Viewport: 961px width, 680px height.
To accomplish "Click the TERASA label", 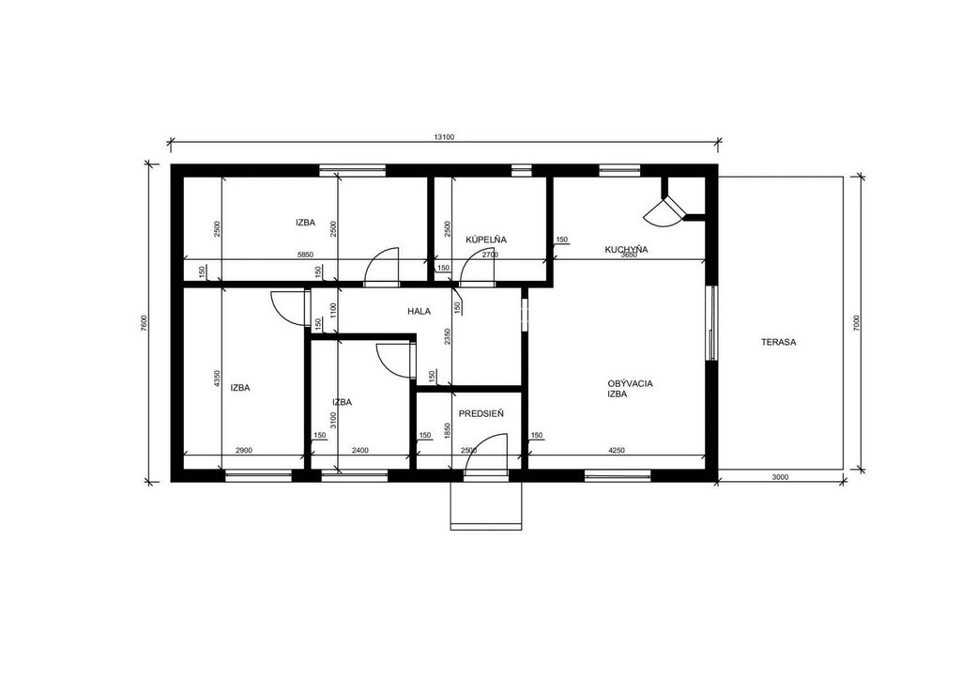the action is [778, 342].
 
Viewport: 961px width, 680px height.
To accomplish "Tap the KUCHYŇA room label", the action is [626, 250].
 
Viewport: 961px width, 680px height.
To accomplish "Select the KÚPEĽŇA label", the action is [486, 240].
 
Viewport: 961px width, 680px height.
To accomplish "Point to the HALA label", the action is [419, 312].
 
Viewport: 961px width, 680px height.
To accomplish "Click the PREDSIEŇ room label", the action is [481, 414].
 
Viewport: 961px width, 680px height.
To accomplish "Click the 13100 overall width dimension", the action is [444, 137].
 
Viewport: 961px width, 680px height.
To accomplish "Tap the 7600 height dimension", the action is [144, 324].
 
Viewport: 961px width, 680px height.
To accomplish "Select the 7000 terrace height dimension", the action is [856, 324].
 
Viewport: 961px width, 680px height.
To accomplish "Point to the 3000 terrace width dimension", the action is [780, 476].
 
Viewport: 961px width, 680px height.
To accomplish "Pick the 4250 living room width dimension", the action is [617, 451].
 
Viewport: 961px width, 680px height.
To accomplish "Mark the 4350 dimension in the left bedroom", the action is [216, 379].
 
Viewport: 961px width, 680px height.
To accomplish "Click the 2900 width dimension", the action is [244, 451].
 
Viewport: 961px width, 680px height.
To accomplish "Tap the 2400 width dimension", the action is [360, 451].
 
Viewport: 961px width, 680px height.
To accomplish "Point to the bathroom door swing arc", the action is [473, 260].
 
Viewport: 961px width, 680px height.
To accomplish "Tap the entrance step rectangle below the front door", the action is [486, 505].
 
